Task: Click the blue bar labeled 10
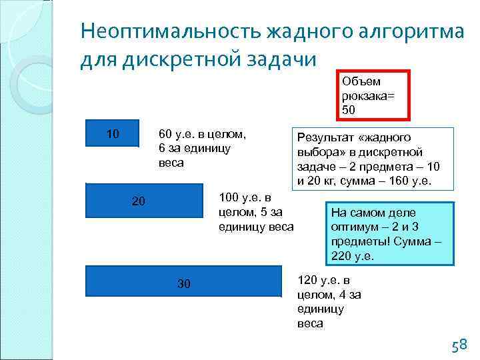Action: pos(113,133)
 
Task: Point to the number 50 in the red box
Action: pos(349,109)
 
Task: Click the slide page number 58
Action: pos(459,345)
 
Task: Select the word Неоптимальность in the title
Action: pos(170,31)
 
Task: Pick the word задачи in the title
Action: pos(280,59)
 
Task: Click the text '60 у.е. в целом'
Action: pos(203,134)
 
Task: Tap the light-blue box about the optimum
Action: pos(387,233)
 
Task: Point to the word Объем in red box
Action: pos(361,81)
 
